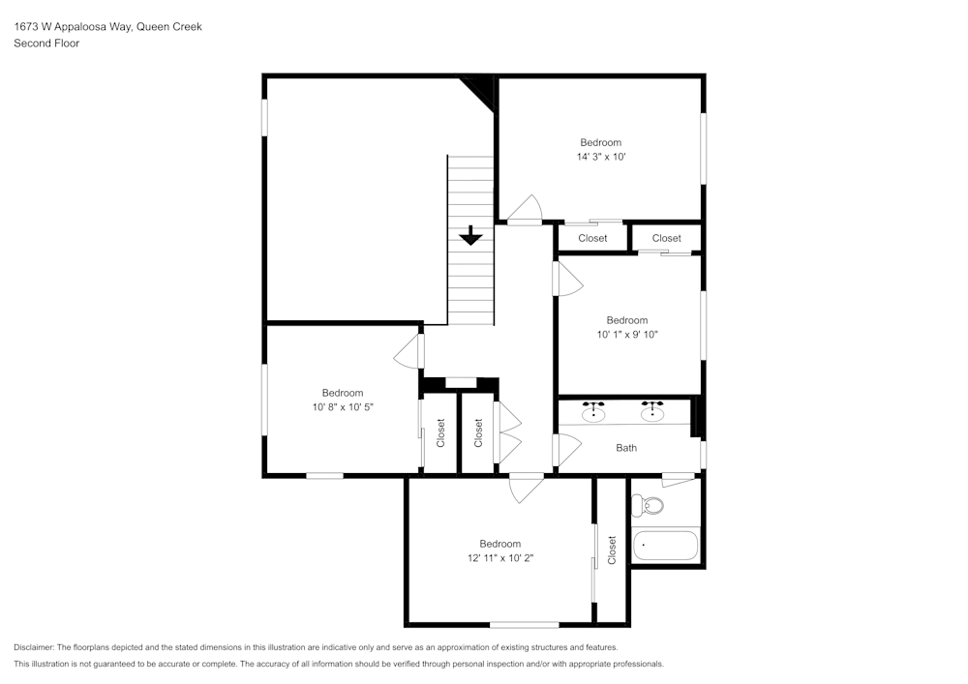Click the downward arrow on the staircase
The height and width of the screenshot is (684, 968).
(x=470, y=235)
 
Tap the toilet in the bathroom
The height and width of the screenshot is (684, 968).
(x=649, y=505)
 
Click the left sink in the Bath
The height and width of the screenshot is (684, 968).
(x=594, y=413)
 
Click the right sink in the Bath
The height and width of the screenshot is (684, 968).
(x=653, y=413)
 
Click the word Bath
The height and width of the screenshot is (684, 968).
(x=626, y=448)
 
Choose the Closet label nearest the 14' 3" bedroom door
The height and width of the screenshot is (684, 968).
(x=592, y=238)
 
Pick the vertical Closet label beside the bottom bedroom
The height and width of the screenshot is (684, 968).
(x=612, y=550)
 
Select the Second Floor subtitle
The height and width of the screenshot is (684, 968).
(x=46, y=44)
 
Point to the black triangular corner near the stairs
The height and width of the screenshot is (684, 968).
(x=480, y=91)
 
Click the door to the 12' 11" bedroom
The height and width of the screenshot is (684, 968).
(x=529, y=488)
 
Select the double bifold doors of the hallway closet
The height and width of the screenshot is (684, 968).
(x=507, y=433)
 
